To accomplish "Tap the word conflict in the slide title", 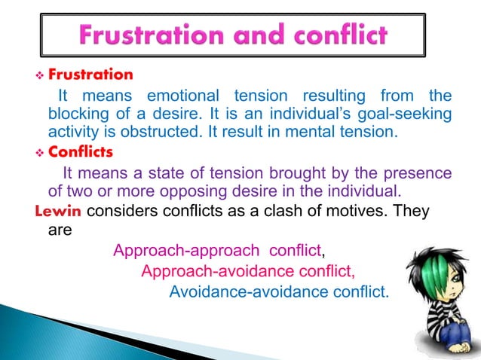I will pos(342,35).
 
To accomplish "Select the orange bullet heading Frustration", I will pos(90,75).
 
